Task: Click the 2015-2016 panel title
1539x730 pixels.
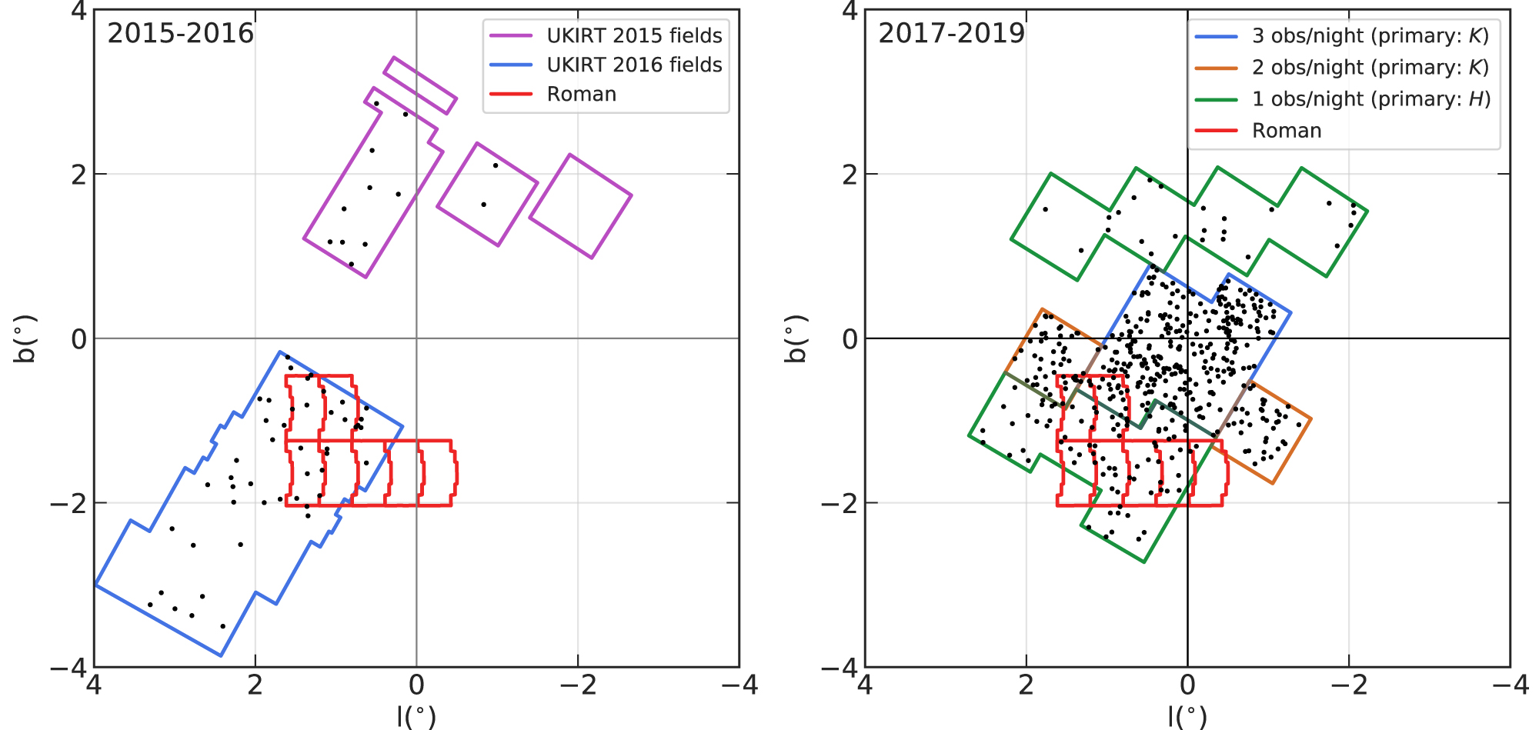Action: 180,33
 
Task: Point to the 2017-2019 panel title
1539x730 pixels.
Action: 951,33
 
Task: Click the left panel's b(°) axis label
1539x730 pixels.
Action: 25,338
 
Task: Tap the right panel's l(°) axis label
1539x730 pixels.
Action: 1187,716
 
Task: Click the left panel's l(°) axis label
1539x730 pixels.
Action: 416,716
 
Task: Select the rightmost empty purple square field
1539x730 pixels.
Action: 581,206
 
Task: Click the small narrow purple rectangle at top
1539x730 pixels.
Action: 420,85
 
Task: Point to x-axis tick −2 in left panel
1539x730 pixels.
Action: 577,685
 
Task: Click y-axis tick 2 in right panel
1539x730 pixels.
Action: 850,175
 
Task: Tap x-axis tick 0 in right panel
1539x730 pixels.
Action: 1187,685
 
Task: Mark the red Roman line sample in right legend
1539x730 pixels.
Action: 1216,131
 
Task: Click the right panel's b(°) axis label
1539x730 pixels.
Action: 796,338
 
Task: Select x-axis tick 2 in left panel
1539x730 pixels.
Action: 255,685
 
